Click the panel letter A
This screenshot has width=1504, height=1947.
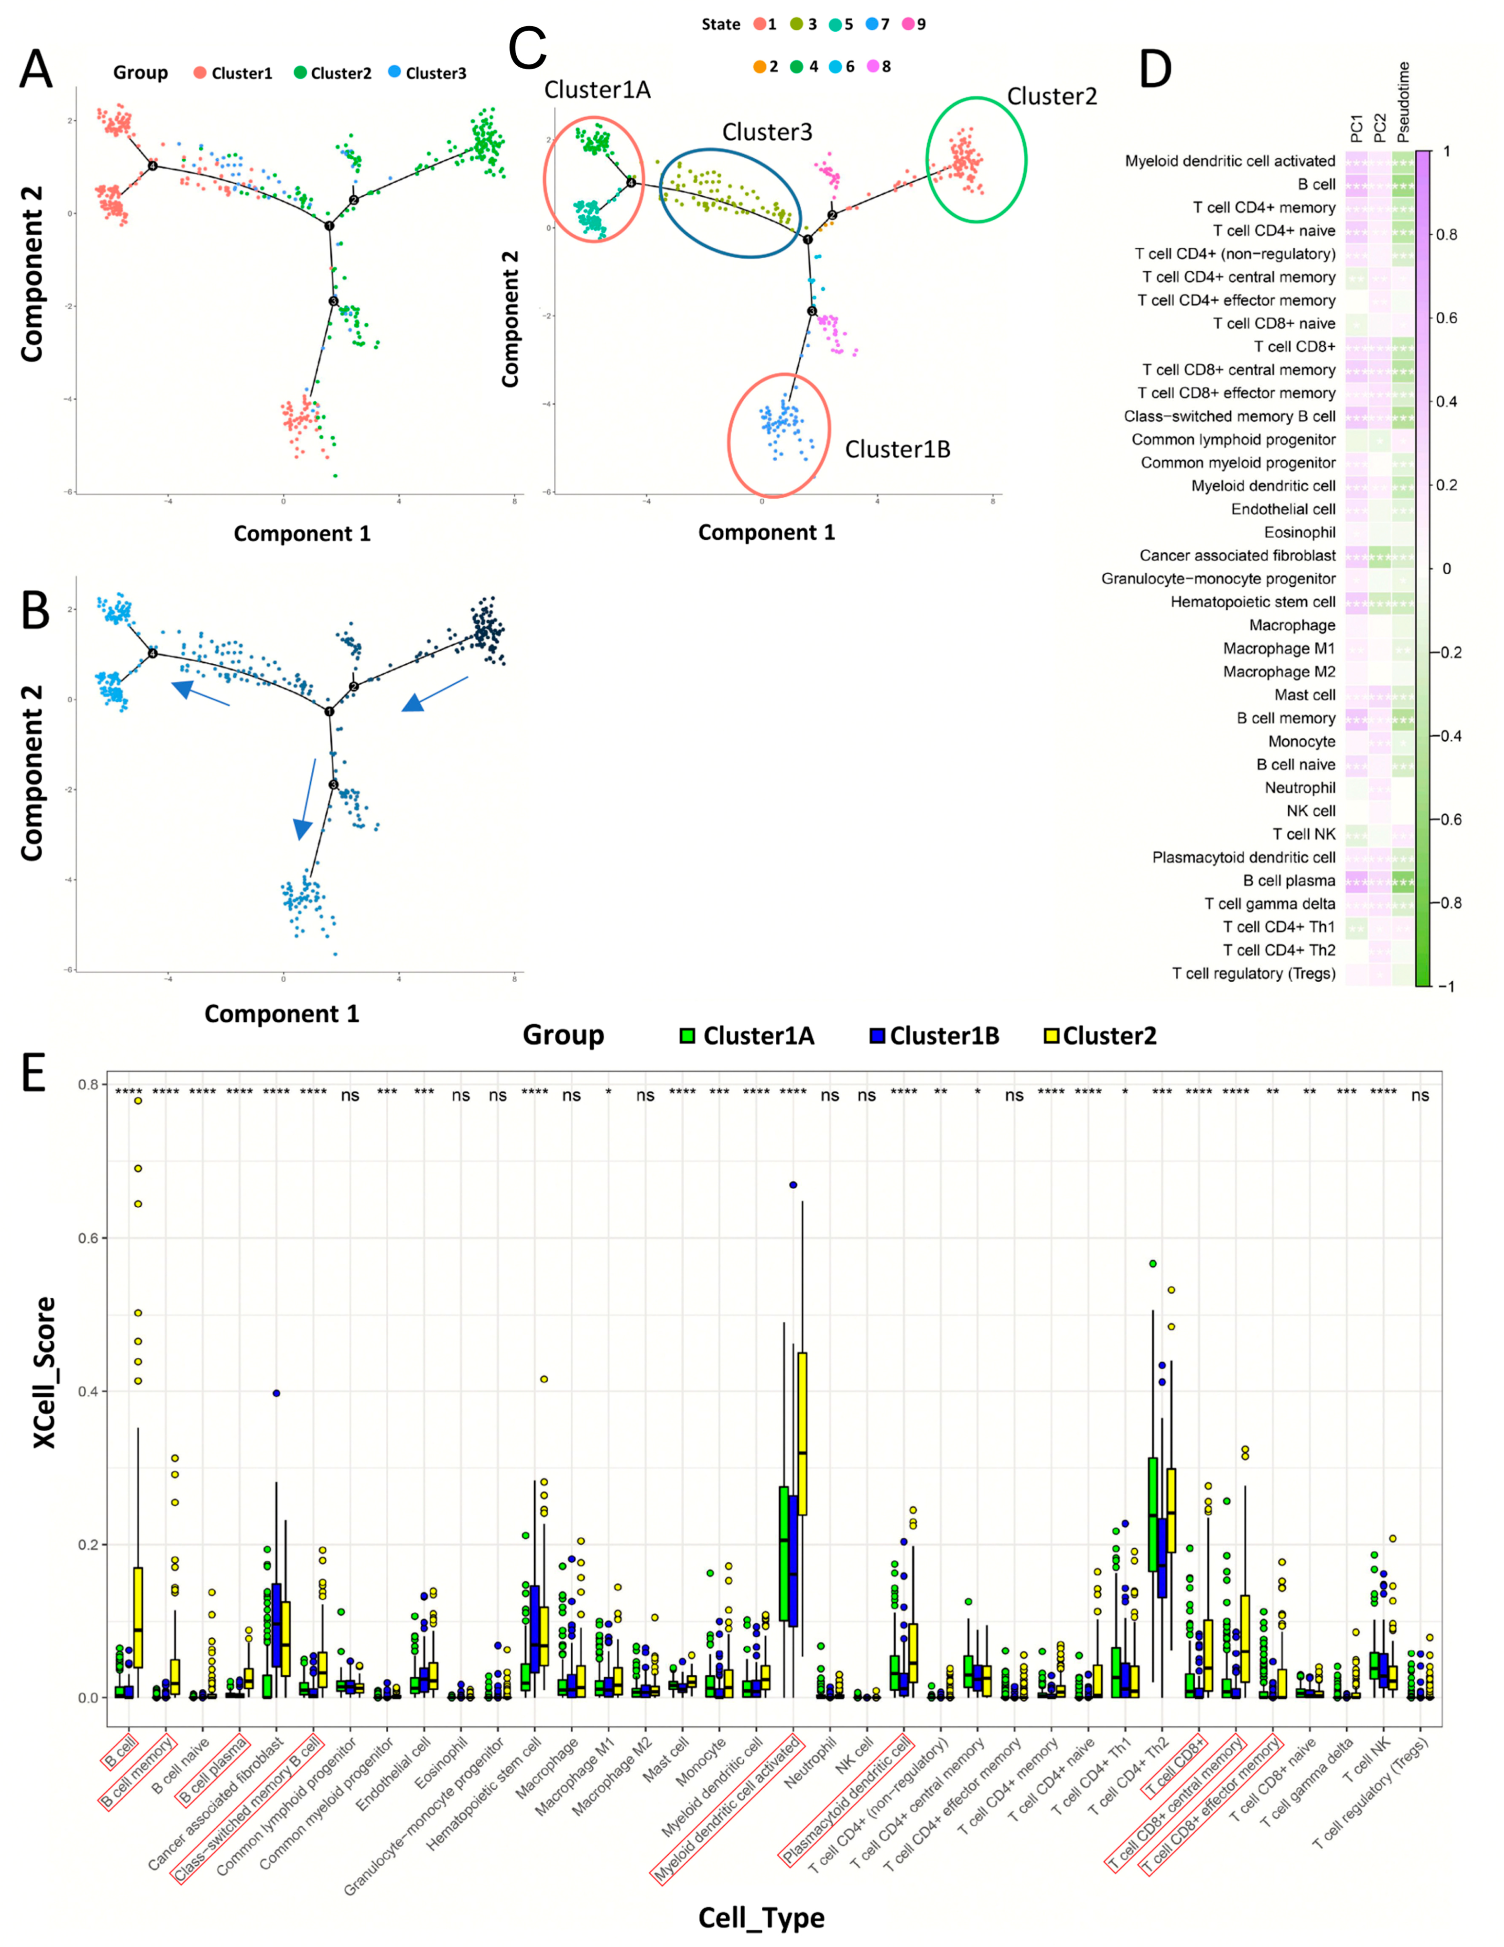(x=36, y=70)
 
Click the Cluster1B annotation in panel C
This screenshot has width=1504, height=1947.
(x=897, y=449)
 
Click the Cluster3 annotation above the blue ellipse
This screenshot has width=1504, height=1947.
(x=767, y=132)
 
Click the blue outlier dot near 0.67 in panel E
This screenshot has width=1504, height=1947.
(x=792, y=1185)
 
